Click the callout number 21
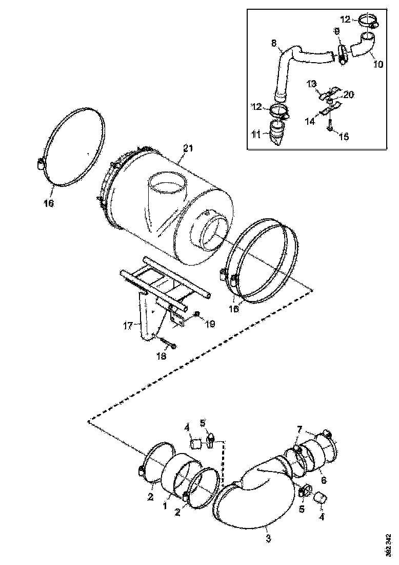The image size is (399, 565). click(x=188, y=149)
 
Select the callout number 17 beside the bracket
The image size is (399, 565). click(x=128, y=325)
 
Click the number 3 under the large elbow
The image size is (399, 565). click(x=268, y=539)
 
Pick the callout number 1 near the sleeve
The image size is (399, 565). click(x=166, y=506)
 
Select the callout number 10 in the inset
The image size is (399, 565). click(x=377, y=64)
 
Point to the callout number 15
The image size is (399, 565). click(x=344, y=137)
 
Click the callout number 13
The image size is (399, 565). click(x=311, y=84)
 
